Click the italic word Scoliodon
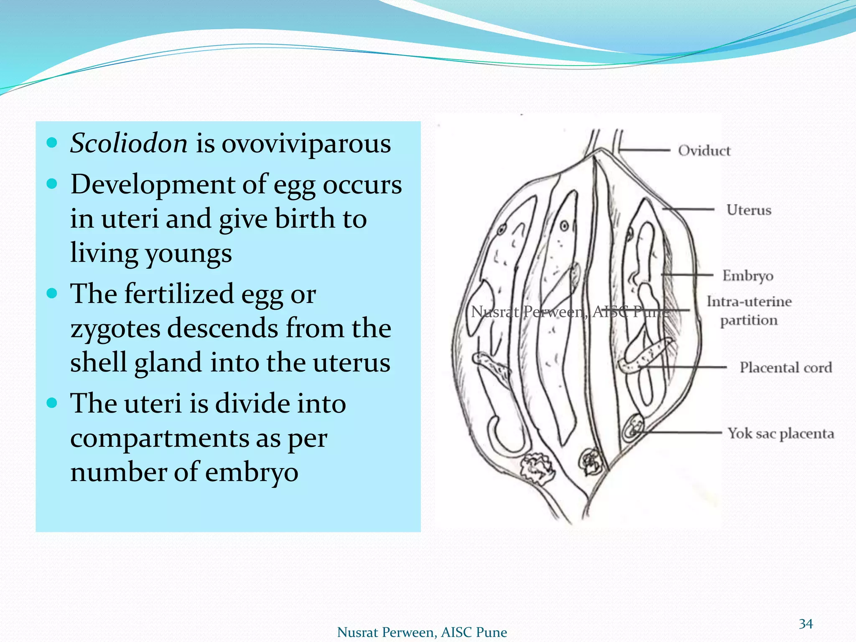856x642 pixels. (129, 143)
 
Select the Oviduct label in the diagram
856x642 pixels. (704, 150)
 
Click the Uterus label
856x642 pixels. (749, 210)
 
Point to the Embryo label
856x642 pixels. (748, 275)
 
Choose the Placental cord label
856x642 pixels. (786, 367)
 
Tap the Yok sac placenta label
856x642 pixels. (781, 433)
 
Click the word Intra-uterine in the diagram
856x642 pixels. (749, 301)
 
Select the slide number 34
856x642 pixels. (805, 624)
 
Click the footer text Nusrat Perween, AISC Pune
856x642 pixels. (422, 632)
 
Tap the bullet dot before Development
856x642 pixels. (52, 184)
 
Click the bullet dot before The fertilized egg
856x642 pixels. (52, 293)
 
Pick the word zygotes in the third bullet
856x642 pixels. (115, 329)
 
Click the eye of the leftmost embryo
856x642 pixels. (501, 229)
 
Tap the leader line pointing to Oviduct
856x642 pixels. (646, 150)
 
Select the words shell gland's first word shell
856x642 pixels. (98, 362)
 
